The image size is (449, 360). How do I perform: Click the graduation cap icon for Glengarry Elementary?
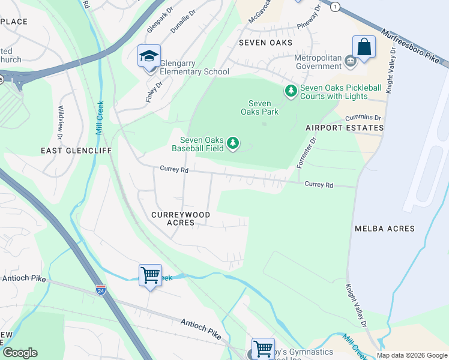149,56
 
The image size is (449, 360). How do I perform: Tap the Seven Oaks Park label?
260,107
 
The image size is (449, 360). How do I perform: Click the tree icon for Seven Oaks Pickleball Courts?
291,91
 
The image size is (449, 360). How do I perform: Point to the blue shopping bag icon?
364,47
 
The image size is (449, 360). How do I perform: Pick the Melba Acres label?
393,229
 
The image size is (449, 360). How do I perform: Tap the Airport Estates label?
344,128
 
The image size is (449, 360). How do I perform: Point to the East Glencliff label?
76,151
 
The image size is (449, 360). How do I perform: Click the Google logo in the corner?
20,353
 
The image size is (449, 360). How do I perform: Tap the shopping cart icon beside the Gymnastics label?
262,349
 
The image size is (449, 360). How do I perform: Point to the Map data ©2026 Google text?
411,355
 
